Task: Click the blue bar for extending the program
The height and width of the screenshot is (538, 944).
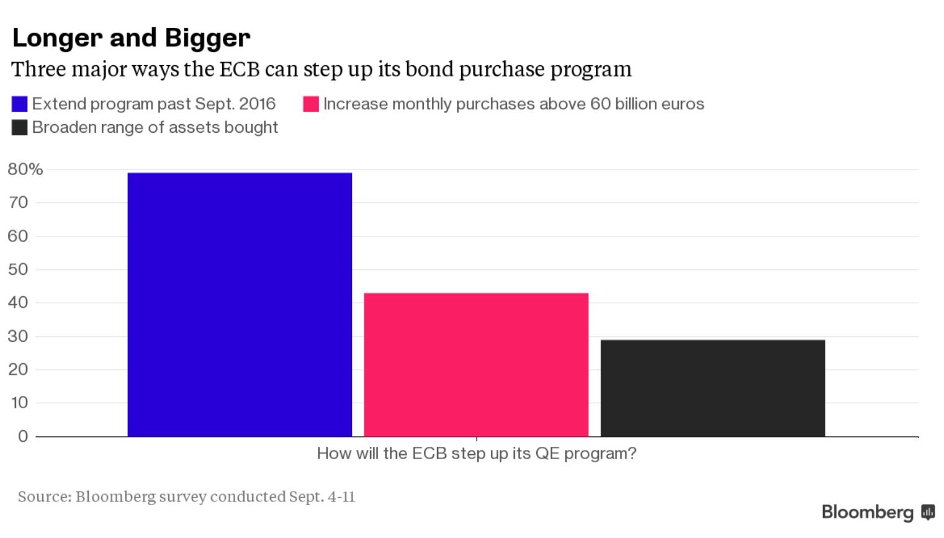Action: click(240, 304)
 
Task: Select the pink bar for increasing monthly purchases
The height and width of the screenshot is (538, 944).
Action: click(476, 364)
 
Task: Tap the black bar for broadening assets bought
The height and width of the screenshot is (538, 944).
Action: click(712, 388)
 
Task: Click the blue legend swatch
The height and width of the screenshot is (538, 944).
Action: click(20, 104)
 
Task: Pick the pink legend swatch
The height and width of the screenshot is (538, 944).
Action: click(311, 104)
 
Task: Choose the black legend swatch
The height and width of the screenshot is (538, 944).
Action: click(20, 128)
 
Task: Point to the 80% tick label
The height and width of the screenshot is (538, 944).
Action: click(25, 169)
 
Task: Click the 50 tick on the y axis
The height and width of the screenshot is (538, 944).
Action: click(18, 269)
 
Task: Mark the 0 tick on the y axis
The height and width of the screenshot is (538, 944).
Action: click(23, 436)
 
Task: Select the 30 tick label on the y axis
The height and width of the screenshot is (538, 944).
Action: click(18, 336)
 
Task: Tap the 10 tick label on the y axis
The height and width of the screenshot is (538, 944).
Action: click(19, 403)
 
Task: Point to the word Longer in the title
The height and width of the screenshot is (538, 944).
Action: click(57, 38)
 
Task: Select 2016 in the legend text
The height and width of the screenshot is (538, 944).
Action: click(257, 104)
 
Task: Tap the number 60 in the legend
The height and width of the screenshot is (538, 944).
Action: click(600, 104)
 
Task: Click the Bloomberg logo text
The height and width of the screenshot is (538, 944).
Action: click(867, 512)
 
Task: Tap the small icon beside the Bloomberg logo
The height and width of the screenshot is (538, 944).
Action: click(928, 512)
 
